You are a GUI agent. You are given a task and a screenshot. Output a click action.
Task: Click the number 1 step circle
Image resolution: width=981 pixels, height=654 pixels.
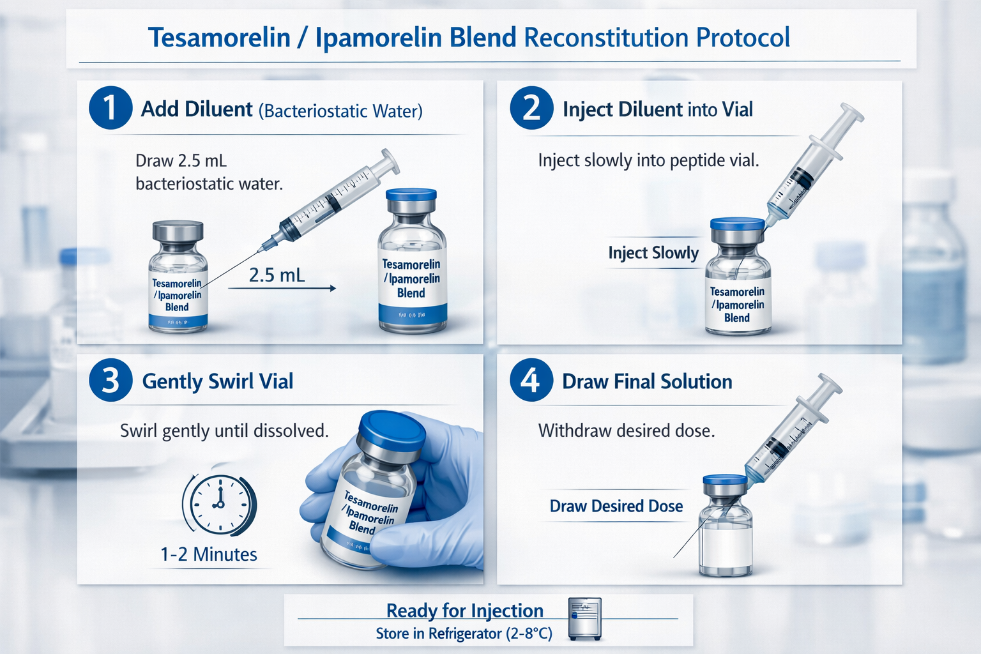[110, 108]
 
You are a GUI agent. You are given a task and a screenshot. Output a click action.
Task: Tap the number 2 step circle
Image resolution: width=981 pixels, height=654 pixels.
[531, 108]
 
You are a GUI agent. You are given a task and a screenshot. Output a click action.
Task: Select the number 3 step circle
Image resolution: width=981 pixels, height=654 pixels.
[110, 380]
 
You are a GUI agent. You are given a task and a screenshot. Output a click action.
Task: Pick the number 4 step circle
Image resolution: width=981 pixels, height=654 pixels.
[531, 380]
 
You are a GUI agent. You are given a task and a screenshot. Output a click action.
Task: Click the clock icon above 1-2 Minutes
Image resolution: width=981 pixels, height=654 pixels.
[219, 504]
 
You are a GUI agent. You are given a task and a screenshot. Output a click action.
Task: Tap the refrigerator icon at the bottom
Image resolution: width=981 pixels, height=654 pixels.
[585, 618]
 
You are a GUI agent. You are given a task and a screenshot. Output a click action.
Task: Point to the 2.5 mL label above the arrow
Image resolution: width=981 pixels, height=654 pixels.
[277, 275]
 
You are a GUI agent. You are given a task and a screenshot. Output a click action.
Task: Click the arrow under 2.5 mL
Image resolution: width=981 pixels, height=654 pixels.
[282, 289]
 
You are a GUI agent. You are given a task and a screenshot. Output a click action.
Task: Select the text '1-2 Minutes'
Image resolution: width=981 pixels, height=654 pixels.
[209, 554]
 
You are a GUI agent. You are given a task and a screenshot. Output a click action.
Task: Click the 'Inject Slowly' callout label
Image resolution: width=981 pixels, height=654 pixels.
[653, 253]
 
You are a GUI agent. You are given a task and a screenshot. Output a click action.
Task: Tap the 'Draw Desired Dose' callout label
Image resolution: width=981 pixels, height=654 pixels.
[616, 506]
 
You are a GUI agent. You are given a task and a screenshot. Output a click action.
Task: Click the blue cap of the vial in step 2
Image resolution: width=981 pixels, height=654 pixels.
[737, 224]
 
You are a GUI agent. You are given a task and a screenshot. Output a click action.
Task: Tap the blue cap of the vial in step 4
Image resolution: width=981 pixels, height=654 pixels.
[725, 480]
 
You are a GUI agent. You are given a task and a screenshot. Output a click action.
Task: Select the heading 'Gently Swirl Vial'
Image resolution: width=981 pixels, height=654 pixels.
[217, 381]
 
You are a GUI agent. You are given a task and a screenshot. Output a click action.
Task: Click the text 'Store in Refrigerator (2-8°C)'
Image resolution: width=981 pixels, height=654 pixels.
[464, 634]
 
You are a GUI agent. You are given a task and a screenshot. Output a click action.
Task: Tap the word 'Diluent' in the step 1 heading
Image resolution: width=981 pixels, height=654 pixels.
[218, 109]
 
